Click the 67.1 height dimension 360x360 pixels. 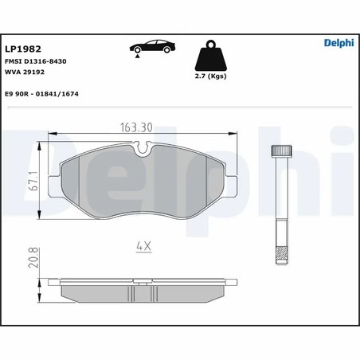click(29, 180)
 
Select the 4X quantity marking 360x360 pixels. click(143, 246)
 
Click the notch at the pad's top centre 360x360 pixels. click(143, 147)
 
